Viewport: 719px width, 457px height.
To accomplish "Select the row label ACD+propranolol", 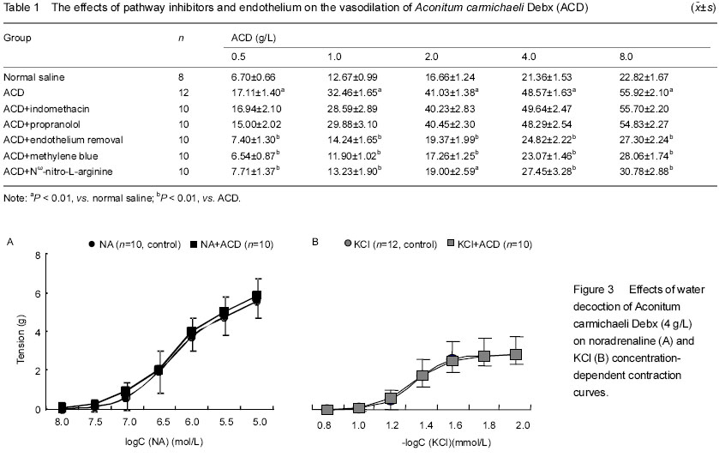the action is point(42,124).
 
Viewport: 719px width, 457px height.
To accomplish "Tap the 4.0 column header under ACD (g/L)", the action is point(529,57).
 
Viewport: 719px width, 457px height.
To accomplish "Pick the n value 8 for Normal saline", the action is point(181,77).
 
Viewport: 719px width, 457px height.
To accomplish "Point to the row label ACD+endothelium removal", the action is point(63,140).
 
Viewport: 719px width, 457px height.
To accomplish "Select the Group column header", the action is point(17,38).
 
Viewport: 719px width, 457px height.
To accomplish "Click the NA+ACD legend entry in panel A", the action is point(231,244).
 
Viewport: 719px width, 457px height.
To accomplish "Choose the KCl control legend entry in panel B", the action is point(391,244).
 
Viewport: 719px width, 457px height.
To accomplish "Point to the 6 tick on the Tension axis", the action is point(38,293).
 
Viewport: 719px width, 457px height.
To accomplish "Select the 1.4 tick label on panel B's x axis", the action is point(426,425).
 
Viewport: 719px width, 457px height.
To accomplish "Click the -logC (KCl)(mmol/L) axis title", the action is point(446,442).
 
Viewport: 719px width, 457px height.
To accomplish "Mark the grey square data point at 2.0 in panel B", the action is point(516,354).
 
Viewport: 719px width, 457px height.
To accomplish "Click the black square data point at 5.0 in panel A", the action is point(257,296).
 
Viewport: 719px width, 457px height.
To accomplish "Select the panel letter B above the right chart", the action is point(315,241).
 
